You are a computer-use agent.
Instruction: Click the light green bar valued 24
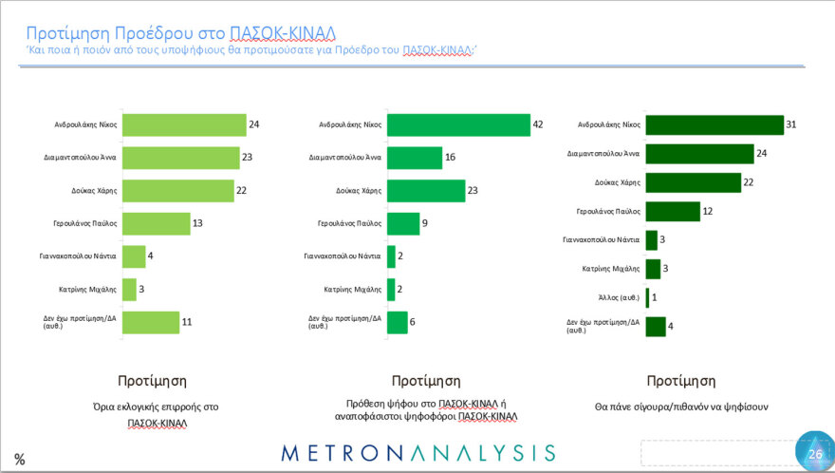point(185,124)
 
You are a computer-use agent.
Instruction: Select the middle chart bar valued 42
point(460,124)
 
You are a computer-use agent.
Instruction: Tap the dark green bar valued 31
point(714,124)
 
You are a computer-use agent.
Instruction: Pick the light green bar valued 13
point(156,223)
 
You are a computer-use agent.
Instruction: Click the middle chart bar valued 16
point(416,158)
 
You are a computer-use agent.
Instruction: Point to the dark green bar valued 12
point(672,211)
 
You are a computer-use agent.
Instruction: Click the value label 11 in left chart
point(187,323)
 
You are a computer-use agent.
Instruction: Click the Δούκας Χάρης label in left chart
point(93,190)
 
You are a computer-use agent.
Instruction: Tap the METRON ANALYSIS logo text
point(418,451)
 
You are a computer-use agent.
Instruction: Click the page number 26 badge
point(814,452)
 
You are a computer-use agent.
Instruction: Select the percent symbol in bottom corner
point(19,459)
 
